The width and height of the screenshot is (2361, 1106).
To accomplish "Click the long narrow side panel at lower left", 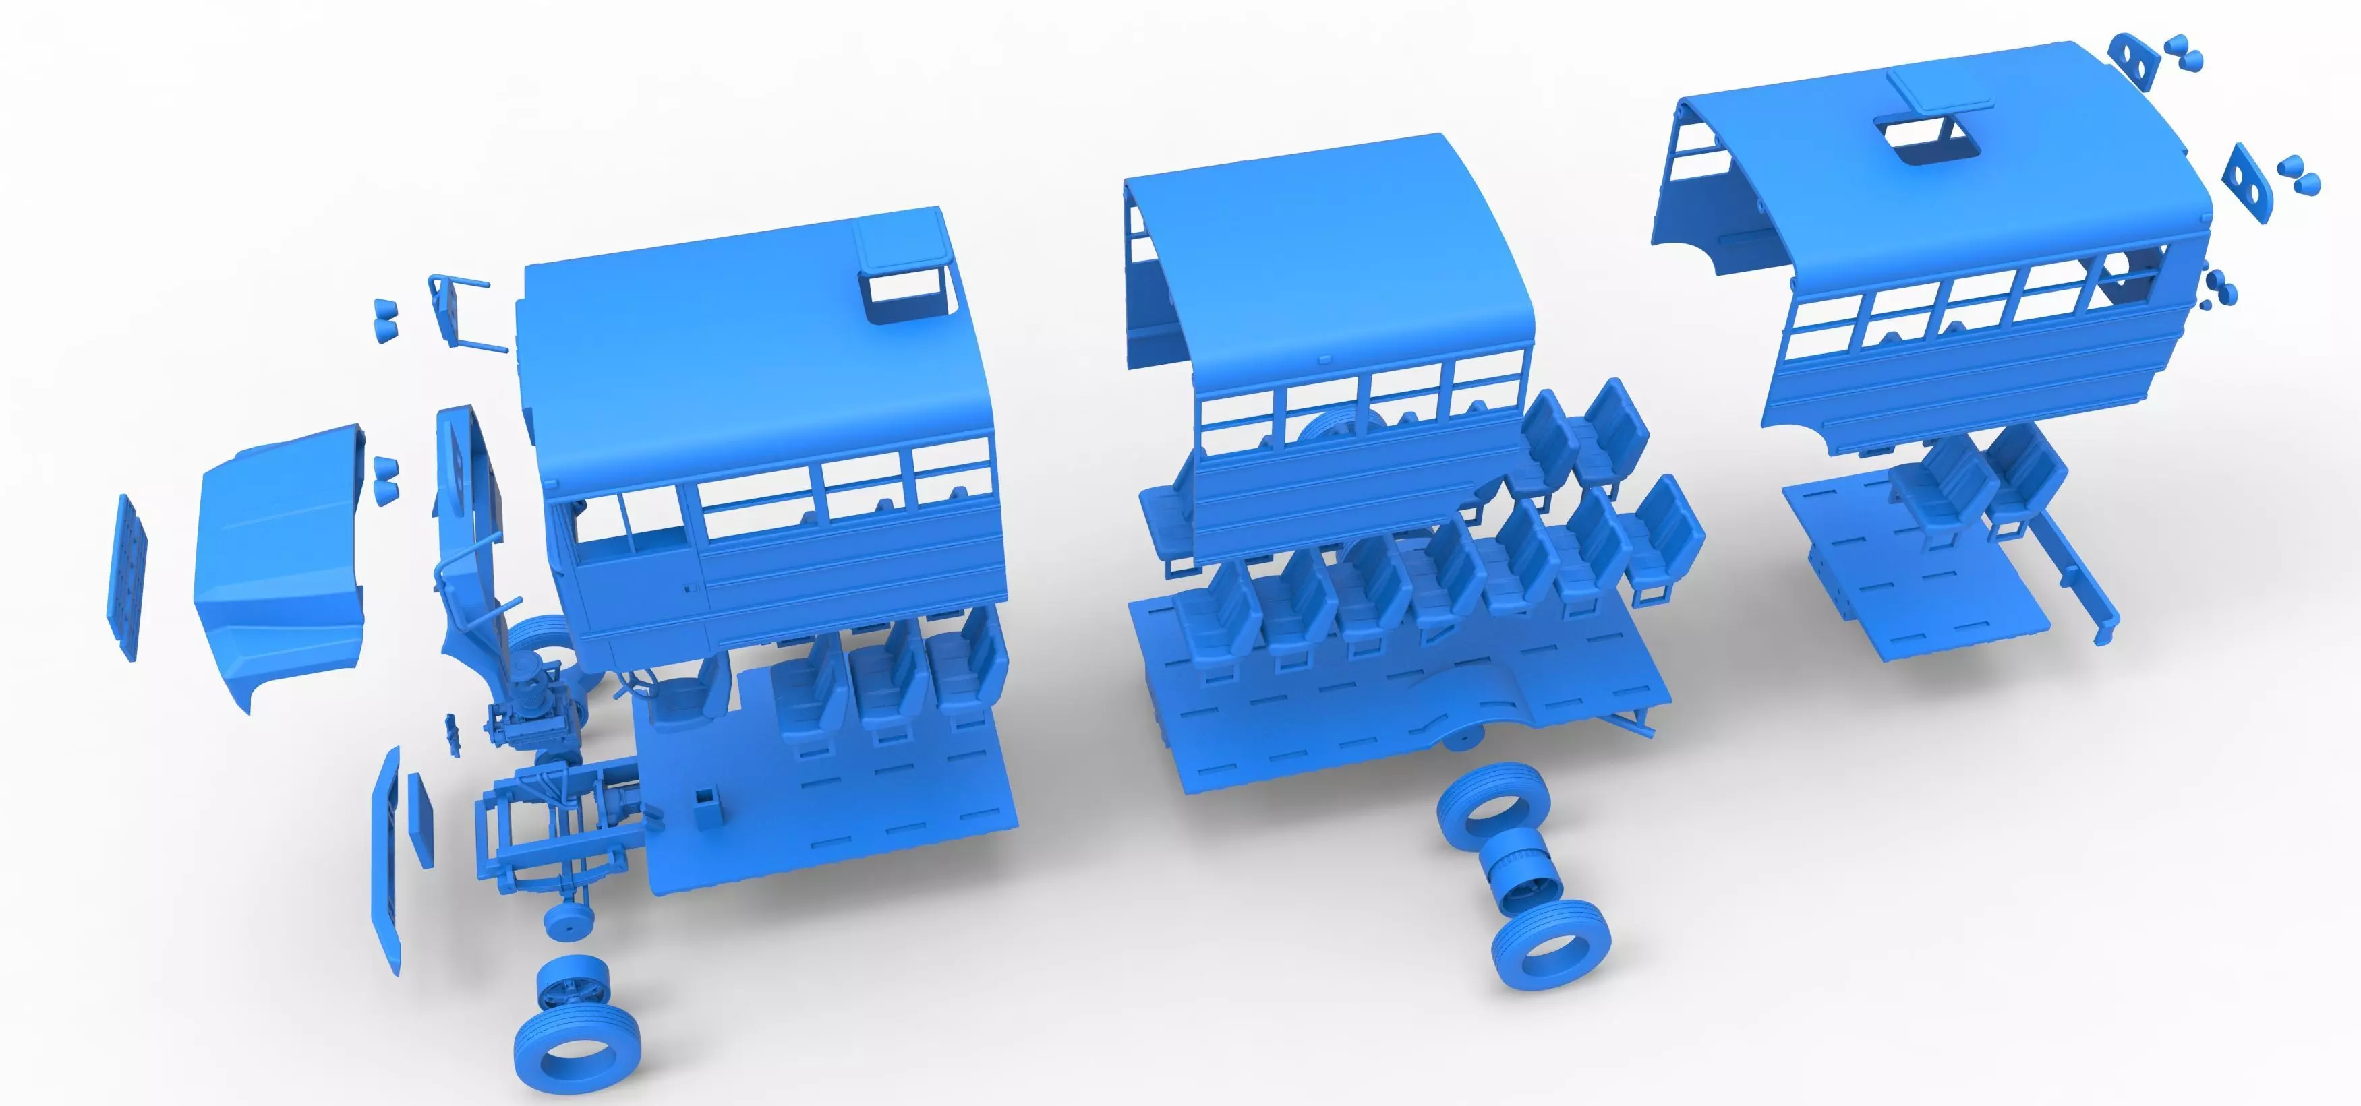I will point(386,861).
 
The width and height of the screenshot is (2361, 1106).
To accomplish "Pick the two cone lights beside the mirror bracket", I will point(386,319).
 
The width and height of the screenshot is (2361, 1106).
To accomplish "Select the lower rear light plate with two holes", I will point(2250,181).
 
